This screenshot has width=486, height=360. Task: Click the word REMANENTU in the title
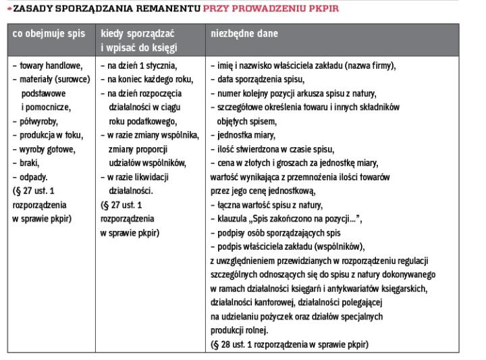click(x=167, y=9)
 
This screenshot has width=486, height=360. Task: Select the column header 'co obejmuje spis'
click(x=49, y=34)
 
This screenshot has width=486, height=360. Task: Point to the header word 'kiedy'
click(x=115, y=34)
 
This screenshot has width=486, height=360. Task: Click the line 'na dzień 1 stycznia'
click(x=139, y=66)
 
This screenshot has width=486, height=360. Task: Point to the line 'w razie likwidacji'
click(x=140, y=177)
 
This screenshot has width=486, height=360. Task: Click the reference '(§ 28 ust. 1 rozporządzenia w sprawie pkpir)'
click(x=290, y=344)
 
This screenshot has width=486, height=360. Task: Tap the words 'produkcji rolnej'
click(x=239, y=330)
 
